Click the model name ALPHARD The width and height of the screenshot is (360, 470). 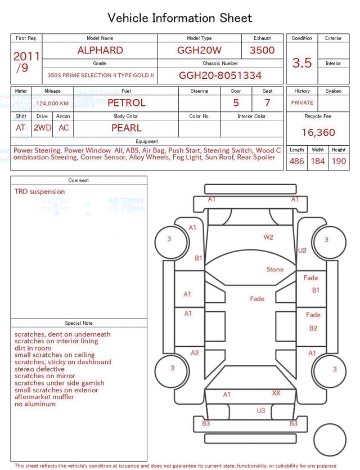pos(100,50)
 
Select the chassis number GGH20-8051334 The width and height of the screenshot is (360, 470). pos(220,75)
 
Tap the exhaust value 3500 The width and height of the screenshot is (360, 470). pos(262,50)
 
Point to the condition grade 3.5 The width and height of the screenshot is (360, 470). pos(302,63)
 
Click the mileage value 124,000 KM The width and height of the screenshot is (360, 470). pos(52,104)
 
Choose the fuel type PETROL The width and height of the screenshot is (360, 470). pos(126,103)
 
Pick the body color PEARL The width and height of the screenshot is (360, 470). pos(126,128)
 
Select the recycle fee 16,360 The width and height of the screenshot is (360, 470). pos(318,133)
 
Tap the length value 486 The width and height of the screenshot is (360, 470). pos(296,162)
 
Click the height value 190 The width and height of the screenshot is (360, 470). pos(339,162)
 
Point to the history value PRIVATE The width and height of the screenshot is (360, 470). pos(302,103)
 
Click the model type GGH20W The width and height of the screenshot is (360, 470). pos(199,50)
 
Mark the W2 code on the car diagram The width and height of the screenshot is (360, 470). pos(268,237)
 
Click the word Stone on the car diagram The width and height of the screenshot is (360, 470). pos(274,270)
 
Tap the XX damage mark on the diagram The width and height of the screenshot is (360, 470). pos(276,392)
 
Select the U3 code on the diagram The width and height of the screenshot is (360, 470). pos(260,411)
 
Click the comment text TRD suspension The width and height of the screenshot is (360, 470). pos(39,191)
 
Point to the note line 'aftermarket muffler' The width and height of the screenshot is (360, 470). pos(44,397)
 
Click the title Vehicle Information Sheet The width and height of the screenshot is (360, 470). pos(180,18)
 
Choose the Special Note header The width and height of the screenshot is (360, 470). pos(79,323)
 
